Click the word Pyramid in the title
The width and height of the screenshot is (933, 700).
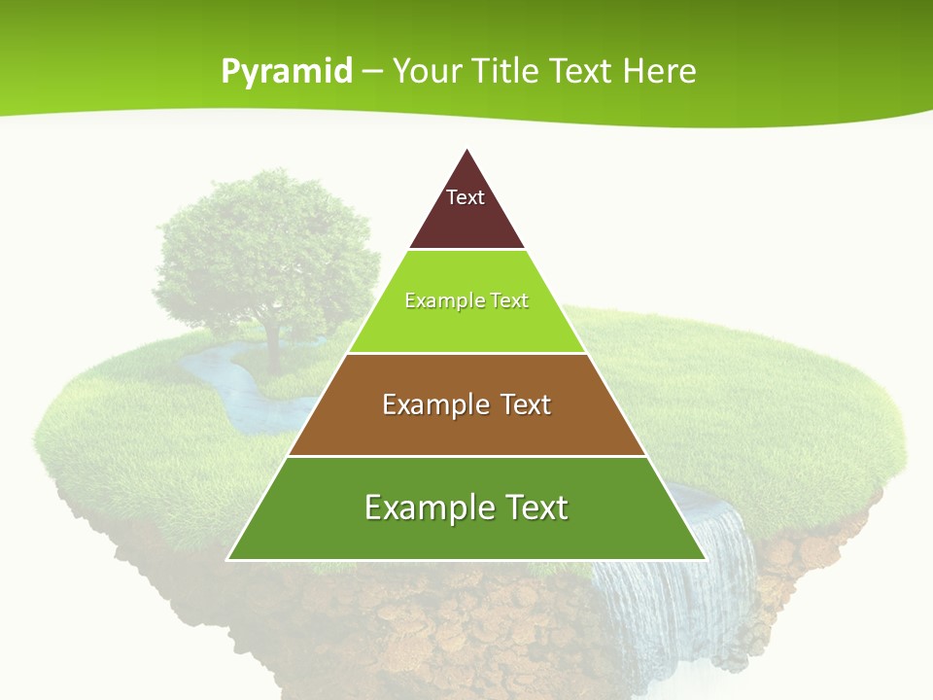click(x=287, y=72)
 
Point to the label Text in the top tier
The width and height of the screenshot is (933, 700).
click(x=466, y=197)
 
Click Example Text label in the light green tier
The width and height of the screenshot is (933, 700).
click(x=466, y=300)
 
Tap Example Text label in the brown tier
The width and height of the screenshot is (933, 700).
click(x=466, y=403)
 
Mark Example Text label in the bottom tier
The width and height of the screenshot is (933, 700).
click(x=466, y=507)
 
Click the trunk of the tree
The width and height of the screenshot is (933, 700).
click(x=273, y=350)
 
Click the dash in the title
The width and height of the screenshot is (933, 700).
click(x=372, y=72)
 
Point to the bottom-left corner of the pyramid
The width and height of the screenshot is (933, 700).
click(x=229, y=559)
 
